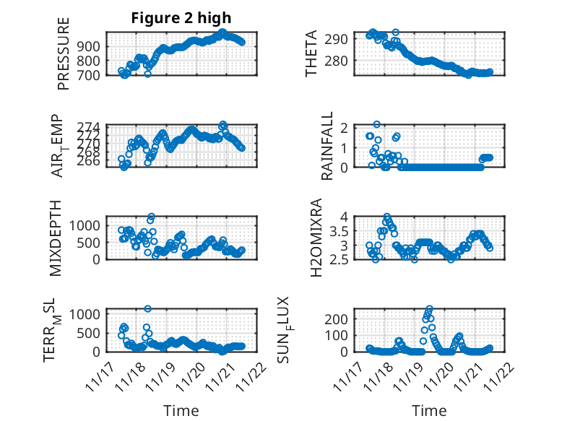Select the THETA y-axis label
click(x=311, y=53)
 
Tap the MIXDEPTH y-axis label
click(x=56, y=238)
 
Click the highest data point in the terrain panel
click(x=148, y=308)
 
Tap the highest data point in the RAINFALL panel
click(x=377, y=124)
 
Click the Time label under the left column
click(x=181, y=410)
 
